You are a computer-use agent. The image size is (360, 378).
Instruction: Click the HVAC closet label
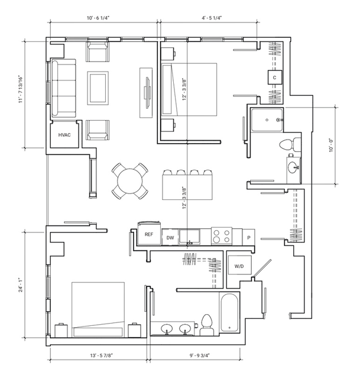coord(64,135)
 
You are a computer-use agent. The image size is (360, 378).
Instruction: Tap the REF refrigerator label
coord(149,234)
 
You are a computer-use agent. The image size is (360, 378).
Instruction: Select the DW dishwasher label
coord(170,238)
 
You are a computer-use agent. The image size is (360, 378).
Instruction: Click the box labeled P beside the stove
coord(249,237)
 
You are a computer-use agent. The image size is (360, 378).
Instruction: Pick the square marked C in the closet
coord(275,77)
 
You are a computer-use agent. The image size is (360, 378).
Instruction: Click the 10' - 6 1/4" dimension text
coord(98,18)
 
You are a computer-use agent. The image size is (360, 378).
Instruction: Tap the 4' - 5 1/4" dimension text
coord(212,18)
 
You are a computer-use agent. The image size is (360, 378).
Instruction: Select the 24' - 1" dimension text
coord(21,285)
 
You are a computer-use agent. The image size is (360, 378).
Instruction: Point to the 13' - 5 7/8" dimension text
coord(101,355)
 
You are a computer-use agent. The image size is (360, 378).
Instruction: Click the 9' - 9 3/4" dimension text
coord(200,355)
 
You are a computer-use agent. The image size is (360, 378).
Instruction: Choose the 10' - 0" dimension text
coord(331,145)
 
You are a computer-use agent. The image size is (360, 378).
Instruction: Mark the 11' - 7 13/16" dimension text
coord(21,90)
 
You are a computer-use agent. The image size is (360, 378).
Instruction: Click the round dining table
coord(130,181)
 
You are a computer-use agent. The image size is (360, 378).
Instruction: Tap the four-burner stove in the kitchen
coord(222,236)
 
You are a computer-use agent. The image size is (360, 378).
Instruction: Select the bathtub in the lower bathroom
coord(229,312)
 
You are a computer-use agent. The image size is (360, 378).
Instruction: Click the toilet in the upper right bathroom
coord(290,145)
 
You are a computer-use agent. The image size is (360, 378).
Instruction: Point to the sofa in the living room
coord(64,88)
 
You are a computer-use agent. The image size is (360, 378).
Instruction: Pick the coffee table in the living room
coord(98,88)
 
